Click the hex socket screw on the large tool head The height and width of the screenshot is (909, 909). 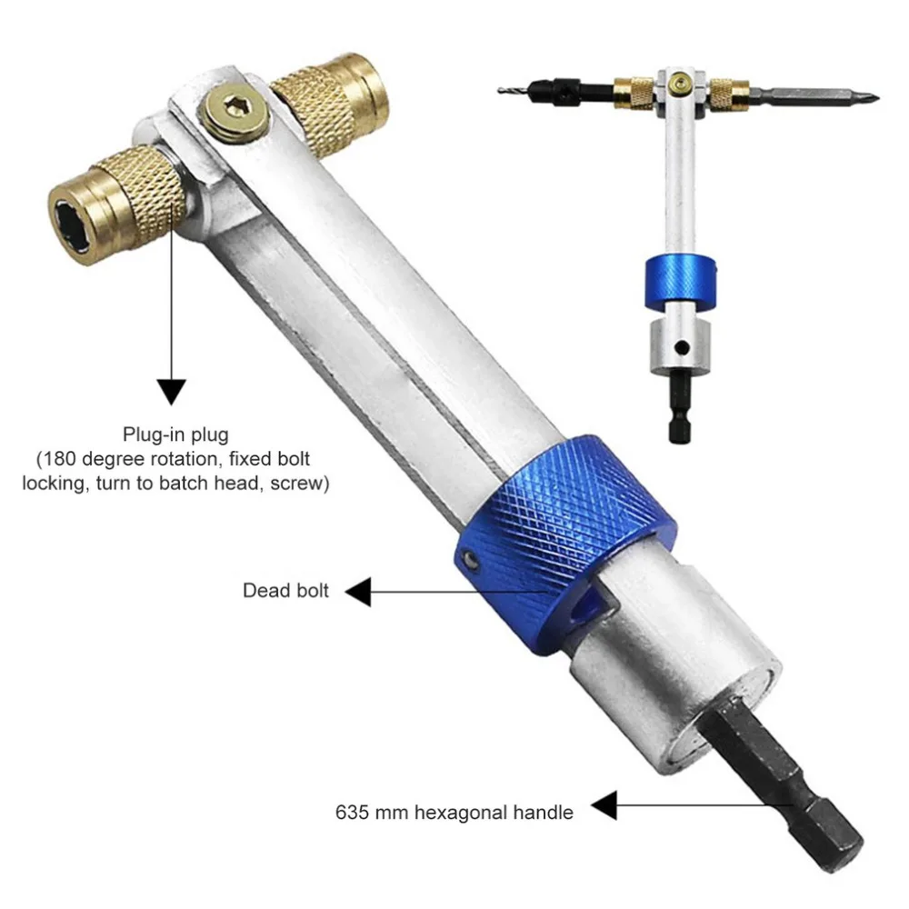[235, 111]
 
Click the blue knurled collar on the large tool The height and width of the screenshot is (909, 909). [565, 544]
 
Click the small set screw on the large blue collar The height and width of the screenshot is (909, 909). [472, 560]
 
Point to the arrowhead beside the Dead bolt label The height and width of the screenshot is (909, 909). [358, 592]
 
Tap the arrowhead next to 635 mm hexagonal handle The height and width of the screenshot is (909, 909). [604, 805]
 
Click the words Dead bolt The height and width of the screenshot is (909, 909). [285, 590]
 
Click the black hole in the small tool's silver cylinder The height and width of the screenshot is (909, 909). [682, 347]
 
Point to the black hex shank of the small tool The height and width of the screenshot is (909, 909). [679, 407]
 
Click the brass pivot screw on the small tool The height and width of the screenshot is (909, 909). [679, 85]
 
